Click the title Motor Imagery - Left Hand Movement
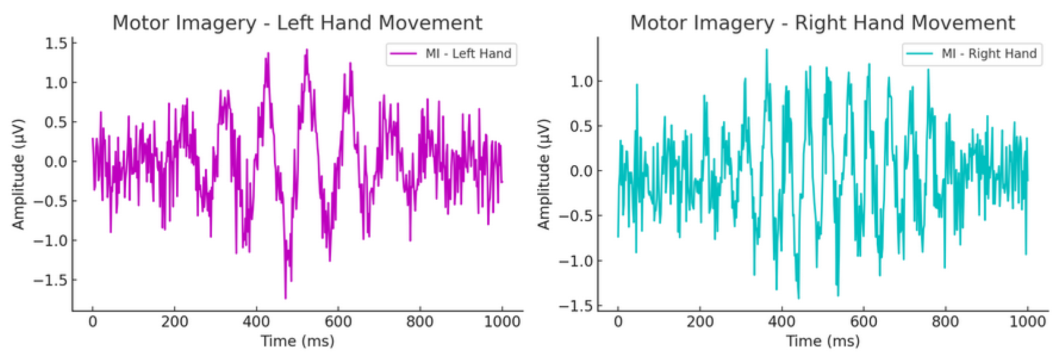[x=297, y=23]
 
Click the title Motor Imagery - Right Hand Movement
[x=822, y=23]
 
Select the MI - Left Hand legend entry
[x=468, y=54]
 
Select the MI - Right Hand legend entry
[x=988, y=54]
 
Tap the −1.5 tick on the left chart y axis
[x=50, y=280]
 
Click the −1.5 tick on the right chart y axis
[x=576, y=305]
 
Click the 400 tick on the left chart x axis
[x=256, y=321]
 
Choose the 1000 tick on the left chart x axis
[x=502, y=321]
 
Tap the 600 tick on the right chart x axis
[x=863, y=321]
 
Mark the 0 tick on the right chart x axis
[x=618, y=321]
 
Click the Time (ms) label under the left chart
[x=297, y=341]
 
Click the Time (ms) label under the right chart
[x=823, y=341]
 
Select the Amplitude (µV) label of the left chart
[x=19, y=174]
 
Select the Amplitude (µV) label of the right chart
[x=544, y=174]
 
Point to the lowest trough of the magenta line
[x=285, y=298]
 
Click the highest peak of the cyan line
[x=766, y=50]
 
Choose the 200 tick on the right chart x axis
[x=699, y=321]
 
